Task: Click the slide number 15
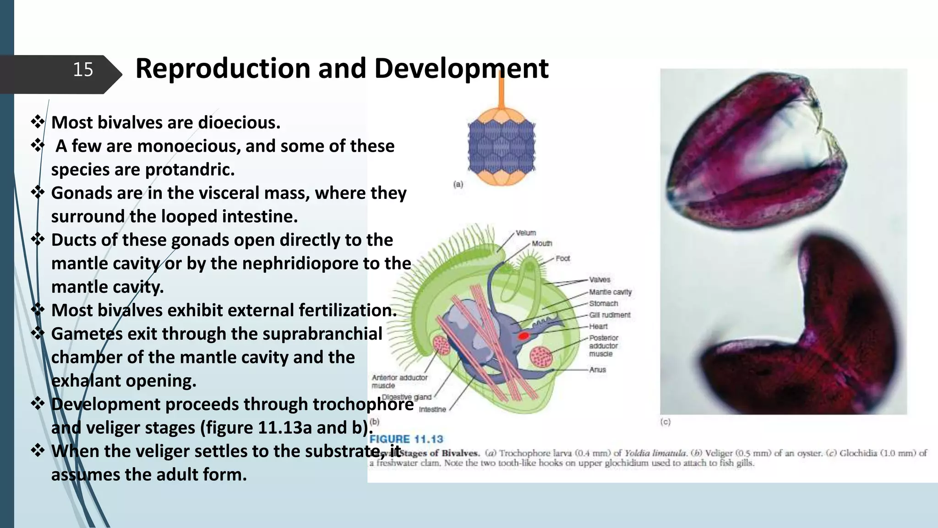point(83,70)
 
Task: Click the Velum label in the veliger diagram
point(526,233)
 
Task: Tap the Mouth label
point(542,243)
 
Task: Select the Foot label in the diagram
point(563,258)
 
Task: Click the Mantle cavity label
point(610,292)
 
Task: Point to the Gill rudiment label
point(610,315)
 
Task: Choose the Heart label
point(598,326)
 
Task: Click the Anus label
point(598,369)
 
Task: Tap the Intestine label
point(432,409)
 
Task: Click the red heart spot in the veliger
point(524,336)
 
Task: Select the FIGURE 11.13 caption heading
point(406,439)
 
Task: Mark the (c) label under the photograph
point(665,422)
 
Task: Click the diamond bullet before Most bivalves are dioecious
point(38,122)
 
